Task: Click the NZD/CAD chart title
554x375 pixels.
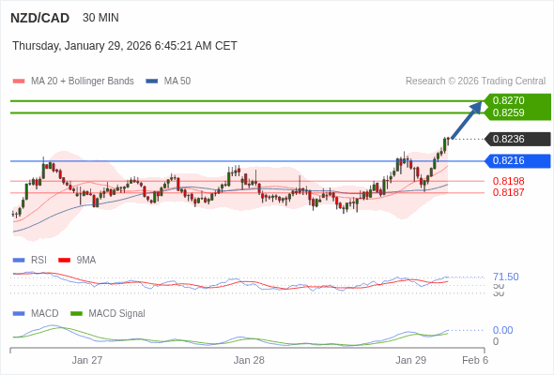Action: coord(40,18)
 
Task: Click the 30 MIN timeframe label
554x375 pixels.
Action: coord(100,18)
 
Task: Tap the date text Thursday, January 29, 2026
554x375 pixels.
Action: coord(124,46)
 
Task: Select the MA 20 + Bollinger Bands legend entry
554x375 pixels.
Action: coord(82,82)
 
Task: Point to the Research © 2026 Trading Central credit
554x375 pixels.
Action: coord(475,82)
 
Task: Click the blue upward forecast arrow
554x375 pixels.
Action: coord(467,119)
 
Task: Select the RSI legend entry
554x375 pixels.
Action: coord(38,260)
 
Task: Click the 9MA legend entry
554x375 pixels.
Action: coord(85,260)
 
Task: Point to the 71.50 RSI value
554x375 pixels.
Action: coord(505,277)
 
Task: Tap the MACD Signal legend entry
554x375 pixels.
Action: coord(116,313)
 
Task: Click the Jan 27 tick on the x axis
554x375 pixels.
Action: coord(87,360)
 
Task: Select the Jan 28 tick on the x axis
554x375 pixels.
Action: coord(249,360)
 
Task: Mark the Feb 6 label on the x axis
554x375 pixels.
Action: coord(474,360)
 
